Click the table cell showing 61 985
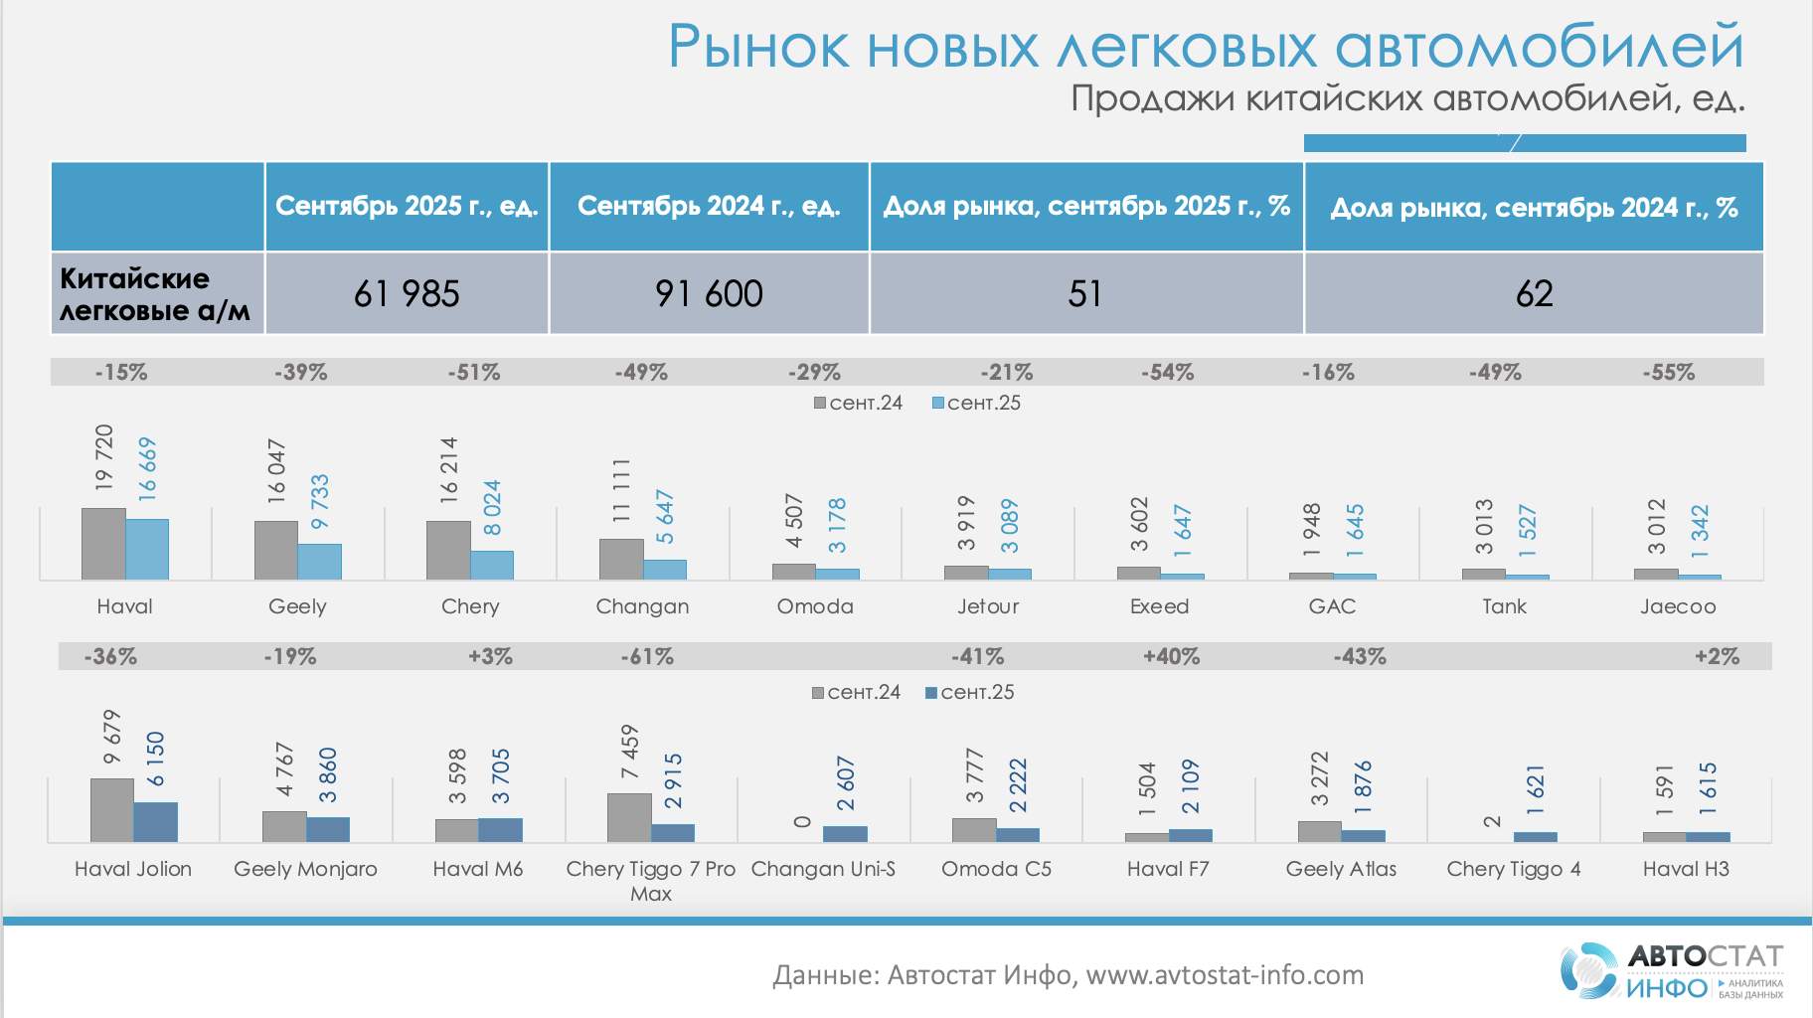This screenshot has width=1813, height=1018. (x=407, y=293)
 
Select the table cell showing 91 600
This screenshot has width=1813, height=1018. (x=709, y=293)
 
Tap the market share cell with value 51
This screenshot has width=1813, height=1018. (x=1085, y=293)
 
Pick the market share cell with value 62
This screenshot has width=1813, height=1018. (x=1534, y=293)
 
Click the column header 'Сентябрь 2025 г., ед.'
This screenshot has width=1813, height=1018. (x=407, y=206)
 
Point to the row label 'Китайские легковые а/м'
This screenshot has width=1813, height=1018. (x=155, y=293)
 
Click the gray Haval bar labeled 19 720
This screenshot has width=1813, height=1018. (x=103, y=544)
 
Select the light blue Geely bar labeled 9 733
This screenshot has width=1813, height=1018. (x=320, y=562)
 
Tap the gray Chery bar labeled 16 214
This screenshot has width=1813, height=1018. (x=448, y=550)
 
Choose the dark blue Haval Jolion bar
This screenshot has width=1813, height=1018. (x=156, y=822)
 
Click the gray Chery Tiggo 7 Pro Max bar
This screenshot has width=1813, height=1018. (x=629, y=817)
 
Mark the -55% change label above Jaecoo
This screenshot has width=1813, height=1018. (x=1668, y=373)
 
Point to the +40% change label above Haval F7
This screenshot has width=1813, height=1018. (x=1171, y=657)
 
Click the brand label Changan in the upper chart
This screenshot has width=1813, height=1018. (x=642, y=606)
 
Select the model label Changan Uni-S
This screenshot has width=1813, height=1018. (x=823, y=869)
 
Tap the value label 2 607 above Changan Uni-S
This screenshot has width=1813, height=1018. (x=846, y=783)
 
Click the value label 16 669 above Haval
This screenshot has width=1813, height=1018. (x=147, y=467)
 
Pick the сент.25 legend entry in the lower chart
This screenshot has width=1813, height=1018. (x=970, y=692)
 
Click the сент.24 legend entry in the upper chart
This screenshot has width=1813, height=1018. (x=858, y=403)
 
